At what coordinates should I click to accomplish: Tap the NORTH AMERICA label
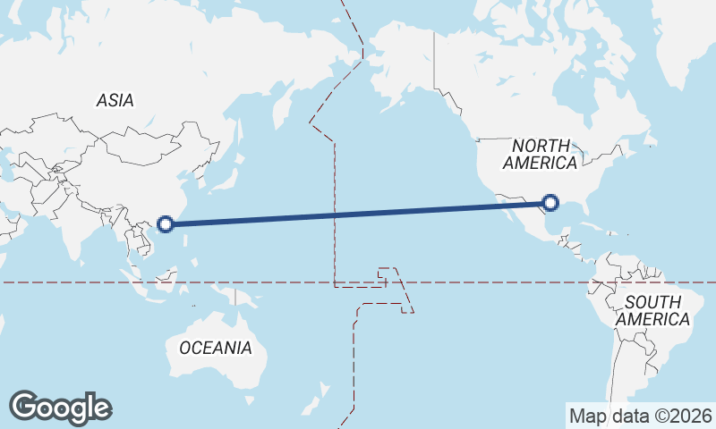pos(540,154)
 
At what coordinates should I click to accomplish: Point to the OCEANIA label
pos(216,348)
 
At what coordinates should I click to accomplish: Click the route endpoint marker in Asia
pos(166,224)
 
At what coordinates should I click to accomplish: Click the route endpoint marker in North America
pos(551,205)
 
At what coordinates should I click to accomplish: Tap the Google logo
pos(60,408)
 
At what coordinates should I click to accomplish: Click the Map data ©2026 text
pos(641,416)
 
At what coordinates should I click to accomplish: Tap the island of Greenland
pos(689,36)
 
